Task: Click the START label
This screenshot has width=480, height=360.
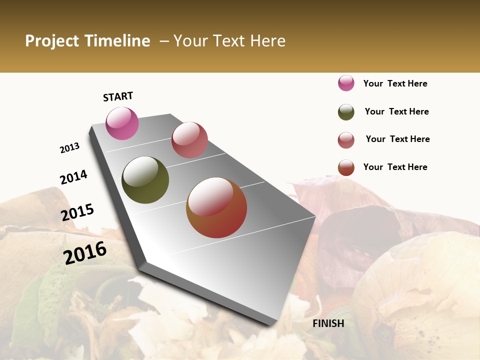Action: coord(118,96)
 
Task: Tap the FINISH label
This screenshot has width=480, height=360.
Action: coord(328,323)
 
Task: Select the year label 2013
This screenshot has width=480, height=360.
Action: coord(70,148)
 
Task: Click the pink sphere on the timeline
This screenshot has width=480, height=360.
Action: coord(122,123)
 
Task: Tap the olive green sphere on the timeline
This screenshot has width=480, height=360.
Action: coord(145,180)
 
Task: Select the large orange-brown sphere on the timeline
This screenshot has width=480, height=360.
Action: coord(216,207)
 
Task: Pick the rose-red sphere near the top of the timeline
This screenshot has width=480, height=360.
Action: coord(189,140)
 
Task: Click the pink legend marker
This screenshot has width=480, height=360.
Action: coord(346,83)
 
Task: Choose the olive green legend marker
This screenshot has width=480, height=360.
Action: coord(346,112)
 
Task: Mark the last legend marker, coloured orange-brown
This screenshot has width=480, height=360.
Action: coord(346,167)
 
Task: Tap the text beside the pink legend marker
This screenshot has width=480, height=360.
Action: coord(395,83)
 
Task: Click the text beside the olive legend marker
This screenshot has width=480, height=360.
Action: coord(396,111)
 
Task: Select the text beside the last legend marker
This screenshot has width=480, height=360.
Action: coord(395,167)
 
